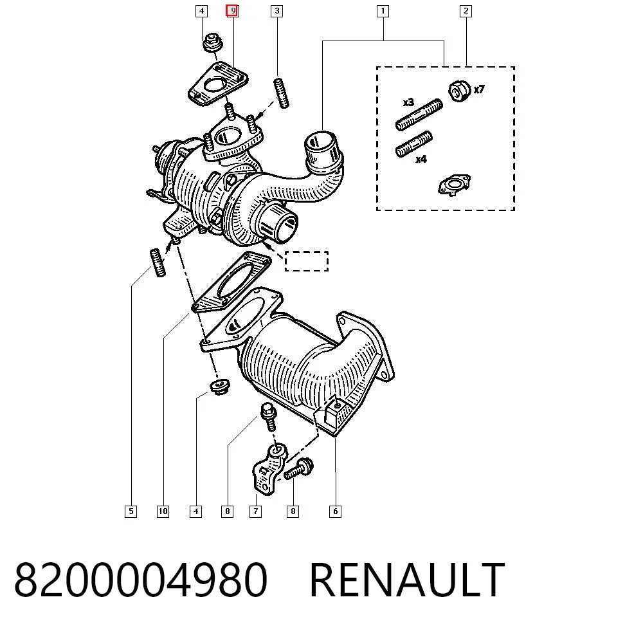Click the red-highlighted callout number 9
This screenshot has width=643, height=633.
233,11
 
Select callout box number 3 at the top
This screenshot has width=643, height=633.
276,11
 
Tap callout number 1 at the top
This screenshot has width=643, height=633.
383,11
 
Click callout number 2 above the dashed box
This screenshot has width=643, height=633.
466,11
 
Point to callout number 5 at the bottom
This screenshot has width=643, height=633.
131,511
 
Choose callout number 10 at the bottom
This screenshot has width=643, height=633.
163,511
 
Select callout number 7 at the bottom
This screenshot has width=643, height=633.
255,511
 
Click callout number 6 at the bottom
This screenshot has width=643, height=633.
335,511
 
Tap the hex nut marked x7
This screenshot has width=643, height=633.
459,91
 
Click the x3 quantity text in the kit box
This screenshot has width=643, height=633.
408,102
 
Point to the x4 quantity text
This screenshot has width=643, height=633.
421,159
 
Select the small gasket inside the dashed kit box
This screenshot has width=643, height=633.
455,185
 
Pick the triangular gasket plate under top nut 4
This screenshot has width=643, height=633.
218,84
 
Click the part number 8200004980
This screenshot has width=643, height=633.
141,580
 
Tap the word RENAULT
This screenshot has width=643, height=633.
407,580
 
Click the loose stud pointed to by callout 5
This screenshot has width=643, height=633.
158,262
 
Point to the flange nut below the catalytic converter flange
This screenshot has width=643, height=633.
219,387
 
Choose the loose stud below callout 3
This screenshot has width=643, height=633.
281,93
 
